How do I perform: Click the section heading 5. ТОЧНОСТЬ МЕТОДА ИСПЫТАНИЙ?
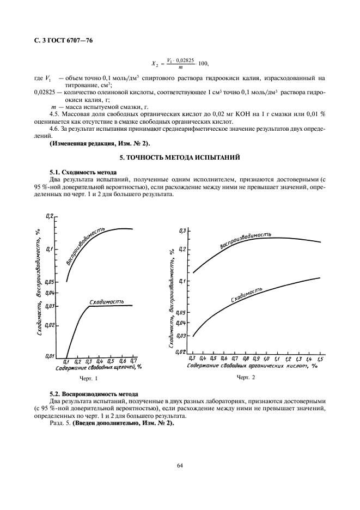click(180, 157)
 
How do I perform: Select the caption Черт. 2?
click(246, 378)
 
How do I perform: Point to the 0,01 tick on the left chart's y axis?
click(49, 356)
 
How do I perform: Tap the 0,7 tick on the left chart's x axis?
click(133, 361)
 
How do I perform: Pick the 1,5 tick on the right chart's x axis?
click(320, 359)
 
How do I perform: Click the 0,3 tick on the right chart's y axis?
click(183, 231)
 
